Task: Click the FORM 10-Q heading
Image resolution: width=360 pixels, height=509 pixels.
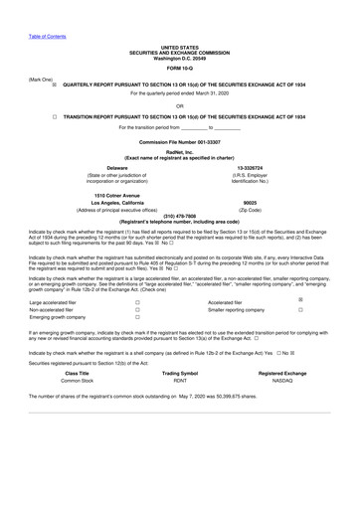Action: (x=180, y=68)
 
